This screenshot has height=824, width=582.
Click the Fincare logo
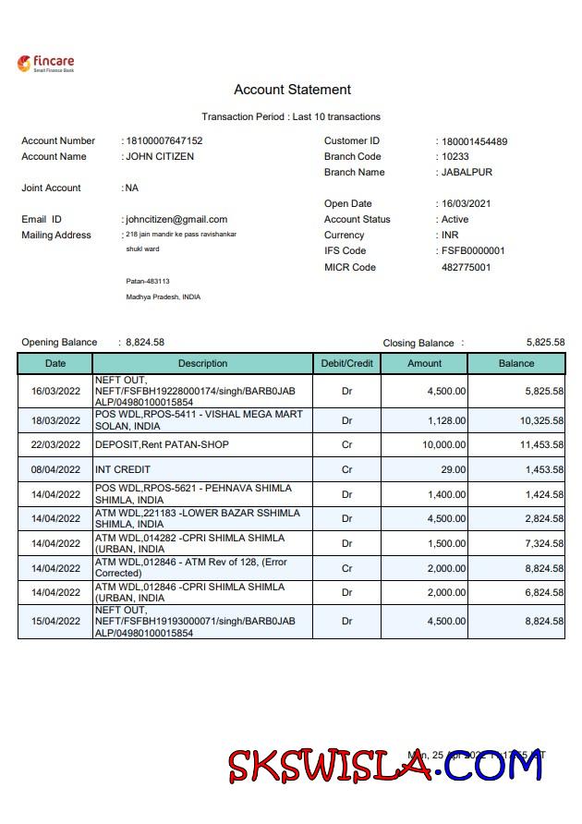(45, 64)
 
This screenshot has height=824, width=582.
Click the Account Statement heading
(292, 90)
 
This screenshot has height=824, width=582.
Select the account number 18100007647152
(164, 141)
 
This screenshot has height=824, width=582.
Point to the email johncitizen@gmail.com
(176, 220)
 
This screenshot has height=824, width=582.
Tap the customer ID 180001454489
(475, 141)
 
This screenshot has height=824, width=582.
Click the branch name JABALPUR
(467, 173)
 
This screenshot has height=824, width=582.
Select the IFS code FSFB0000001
(473, 251)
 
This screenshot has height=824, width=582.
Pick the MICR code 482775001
(466, 268)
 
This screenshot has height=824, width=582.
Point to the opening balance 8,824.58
(145, 343)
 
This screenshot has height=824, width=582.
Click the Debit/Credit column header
(346, 364)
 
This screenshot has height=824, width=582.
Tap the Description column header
(202, 364)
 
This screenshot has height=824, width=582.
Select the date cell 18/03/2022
(55, 420)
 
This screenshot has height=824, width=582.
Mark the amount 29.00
(452, 470)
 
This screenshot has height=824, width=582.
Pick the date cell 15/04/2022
(55, 622)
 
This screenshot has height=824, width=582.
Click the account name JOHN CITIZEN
(160, 157)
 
